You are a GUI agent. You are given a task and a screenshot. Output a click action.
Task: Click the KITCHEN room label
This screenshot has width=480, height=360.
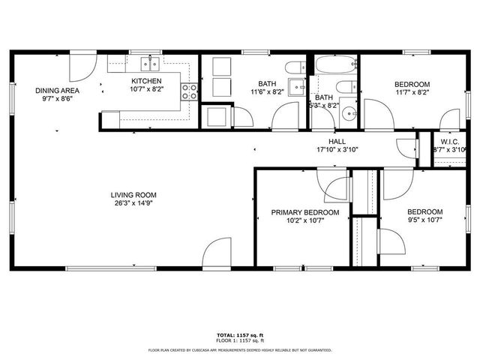146,81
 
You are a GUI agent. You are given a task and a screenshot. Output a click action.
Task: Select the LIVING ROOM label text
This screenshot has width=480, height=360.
135,195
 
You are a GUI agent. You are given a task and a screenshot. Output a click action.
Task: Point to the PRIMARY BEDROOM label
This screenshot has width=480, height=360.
304,213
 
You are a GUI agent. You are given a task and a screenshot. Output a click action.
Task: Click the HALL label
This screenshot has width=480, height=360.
337,141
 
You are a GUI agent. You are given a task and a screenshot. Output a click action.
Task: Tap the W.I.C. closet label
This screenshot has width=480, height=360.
449,142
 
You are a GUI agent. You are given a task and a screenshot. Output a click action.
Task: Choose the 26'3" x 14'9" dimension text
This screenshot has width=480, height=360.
135,203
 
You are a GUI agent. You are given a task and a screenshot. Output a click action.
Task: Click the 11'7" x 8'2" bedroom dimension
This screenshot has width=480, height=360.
412,92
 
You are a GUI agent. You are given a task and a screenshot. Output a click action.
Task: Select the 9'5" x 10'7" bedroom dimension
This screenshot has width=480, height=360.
424,220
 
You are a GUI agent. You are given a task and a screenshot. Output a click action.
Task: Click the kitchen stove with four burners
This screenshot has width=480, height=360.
190,91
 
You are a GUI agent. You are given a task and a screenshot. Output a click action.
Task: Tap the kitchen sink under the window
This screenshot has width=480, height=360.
150,61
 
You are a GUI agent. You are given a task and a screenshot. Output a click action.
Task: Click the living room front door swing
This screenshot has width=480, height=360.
218,253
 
